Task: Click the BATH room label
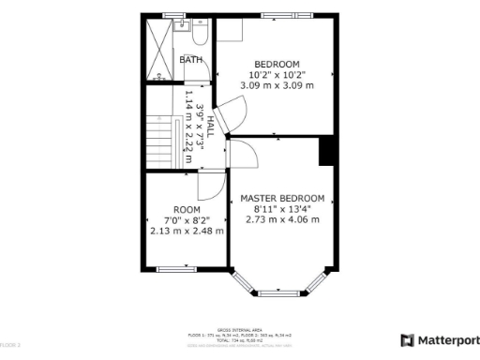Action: [191, 59]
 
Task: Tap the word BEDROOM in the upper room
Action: [277, 63]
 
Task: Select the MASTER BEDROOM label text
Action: [282, 199]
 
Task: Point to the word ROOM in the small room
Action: [187, 209]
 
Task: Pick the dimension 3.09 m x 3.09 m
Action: [277, 85]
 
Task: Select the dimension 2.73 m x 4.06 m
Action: [282, 220]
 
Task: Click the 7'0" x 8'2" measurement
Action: [187, 220]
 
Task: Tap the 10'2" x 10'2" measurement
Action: [277, 74]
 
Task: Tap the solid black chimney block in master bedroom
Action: [327, 151]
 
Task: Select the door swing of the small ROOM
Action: [212, 186]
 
